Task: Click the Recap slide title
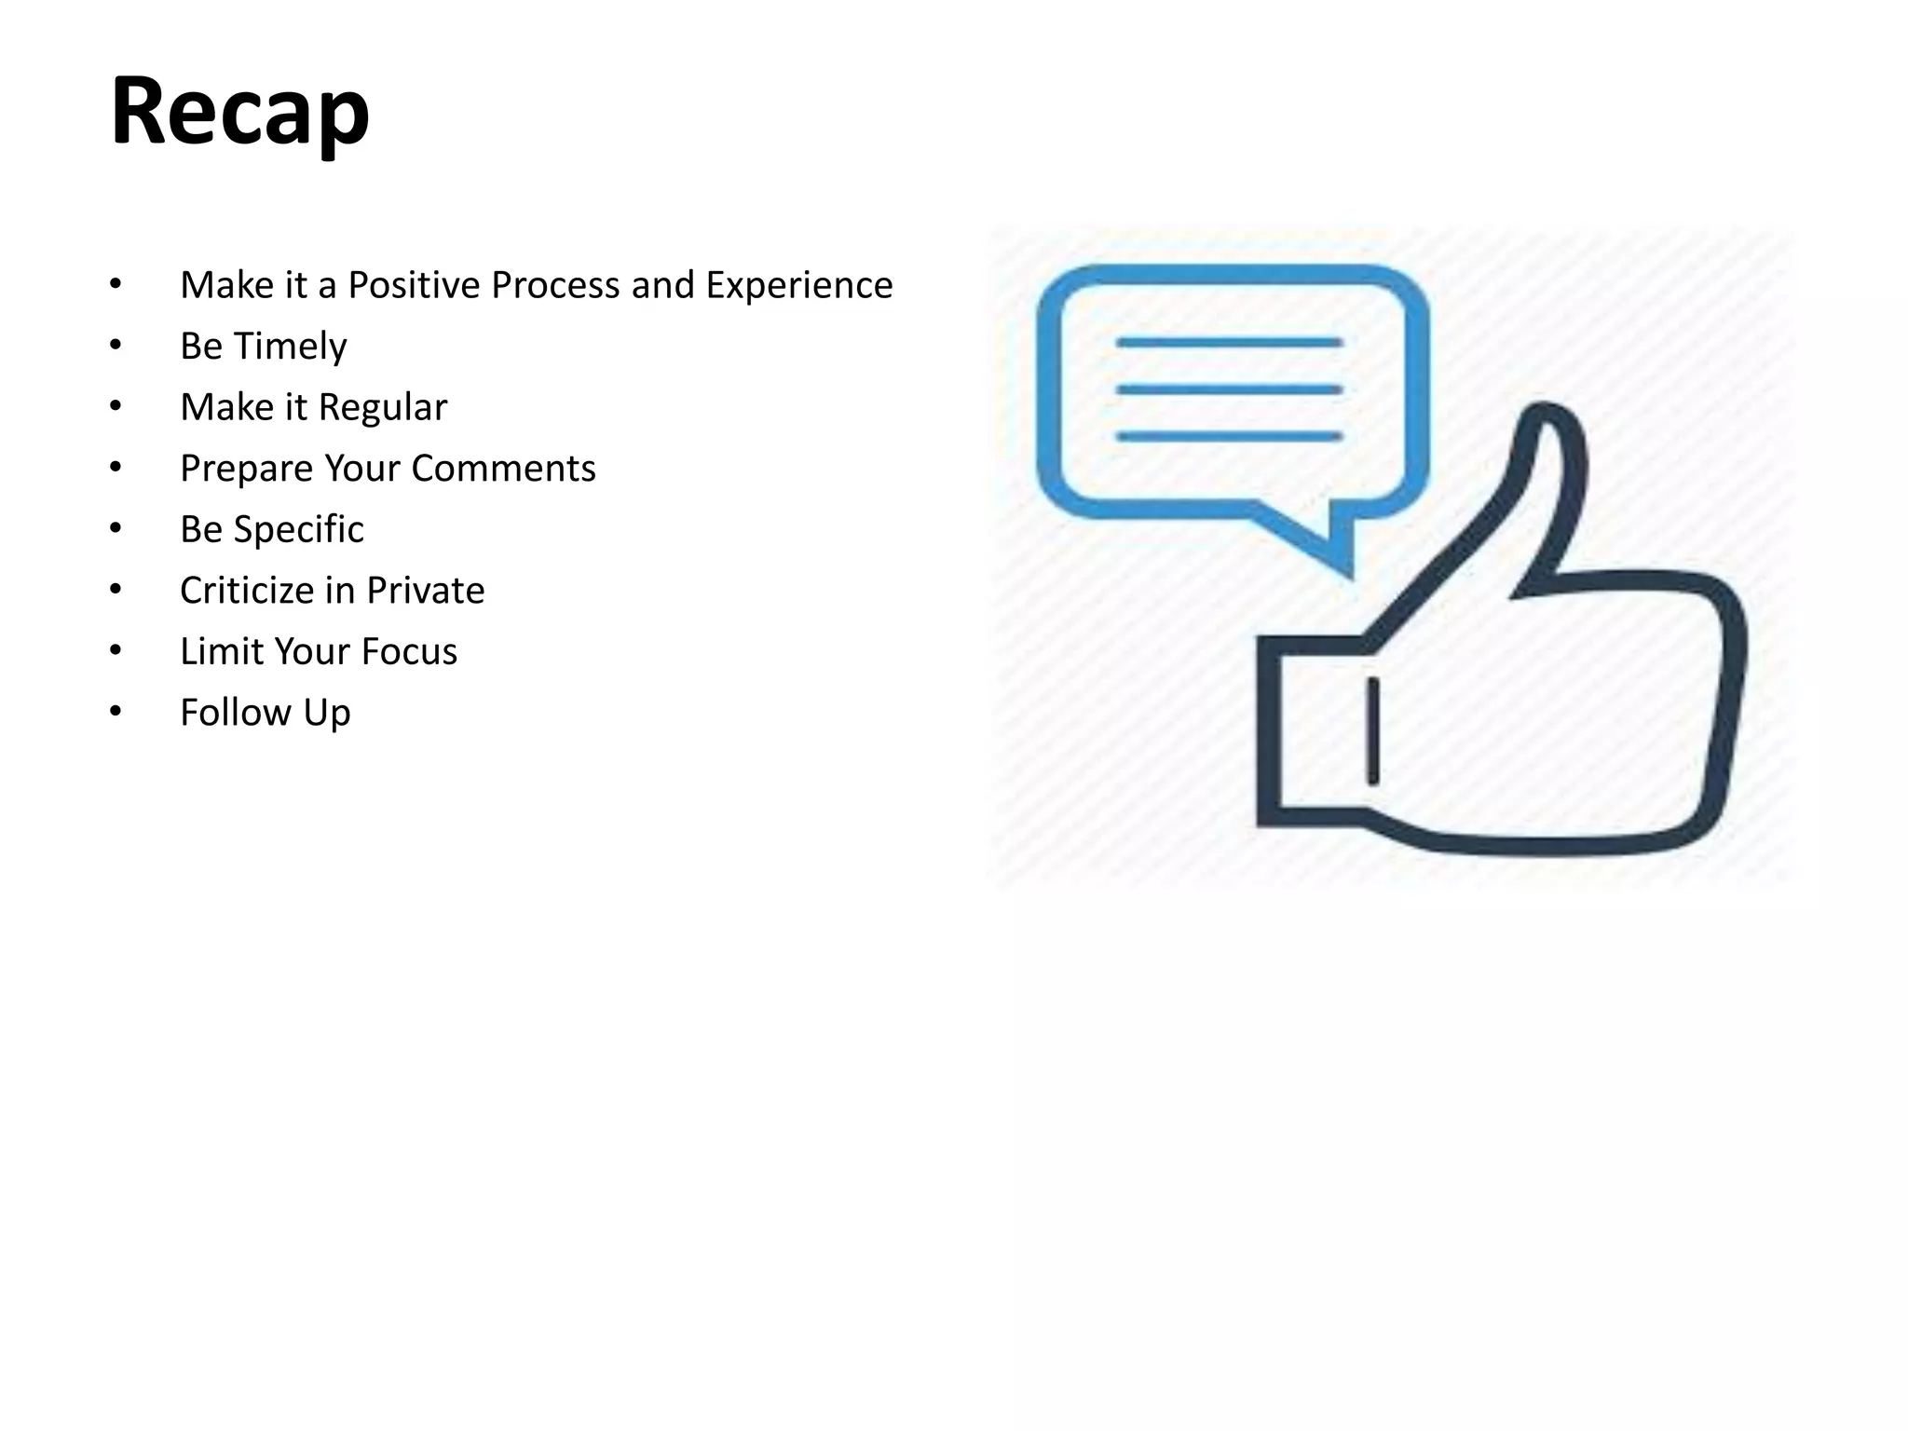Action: [x=239, y=112]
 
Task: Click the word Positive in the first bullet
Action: [x=415, y=285]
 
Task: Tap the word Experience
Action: [x=798, y=285]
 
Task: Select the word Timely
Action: [x=290, y=347]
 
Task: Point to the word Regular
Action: [x=382, y=407]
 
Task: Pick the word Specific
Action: [x=298, y=529]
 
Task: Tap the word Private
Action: [x=425, y=591]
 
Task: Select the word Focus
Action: [x=409, y=651]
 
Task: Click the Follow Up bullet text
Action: [x=265, y=713]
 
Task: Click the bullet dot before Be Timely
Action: [x=116, y=346]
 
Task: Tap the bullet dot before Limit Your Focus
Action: [x=116, y=650]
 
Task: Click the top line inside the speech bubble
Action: [x=1229, y=343]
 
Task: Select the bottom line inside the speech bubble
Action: [x=1229, y=436]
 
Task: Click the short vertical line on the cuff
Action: [x=1372, y=731]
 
